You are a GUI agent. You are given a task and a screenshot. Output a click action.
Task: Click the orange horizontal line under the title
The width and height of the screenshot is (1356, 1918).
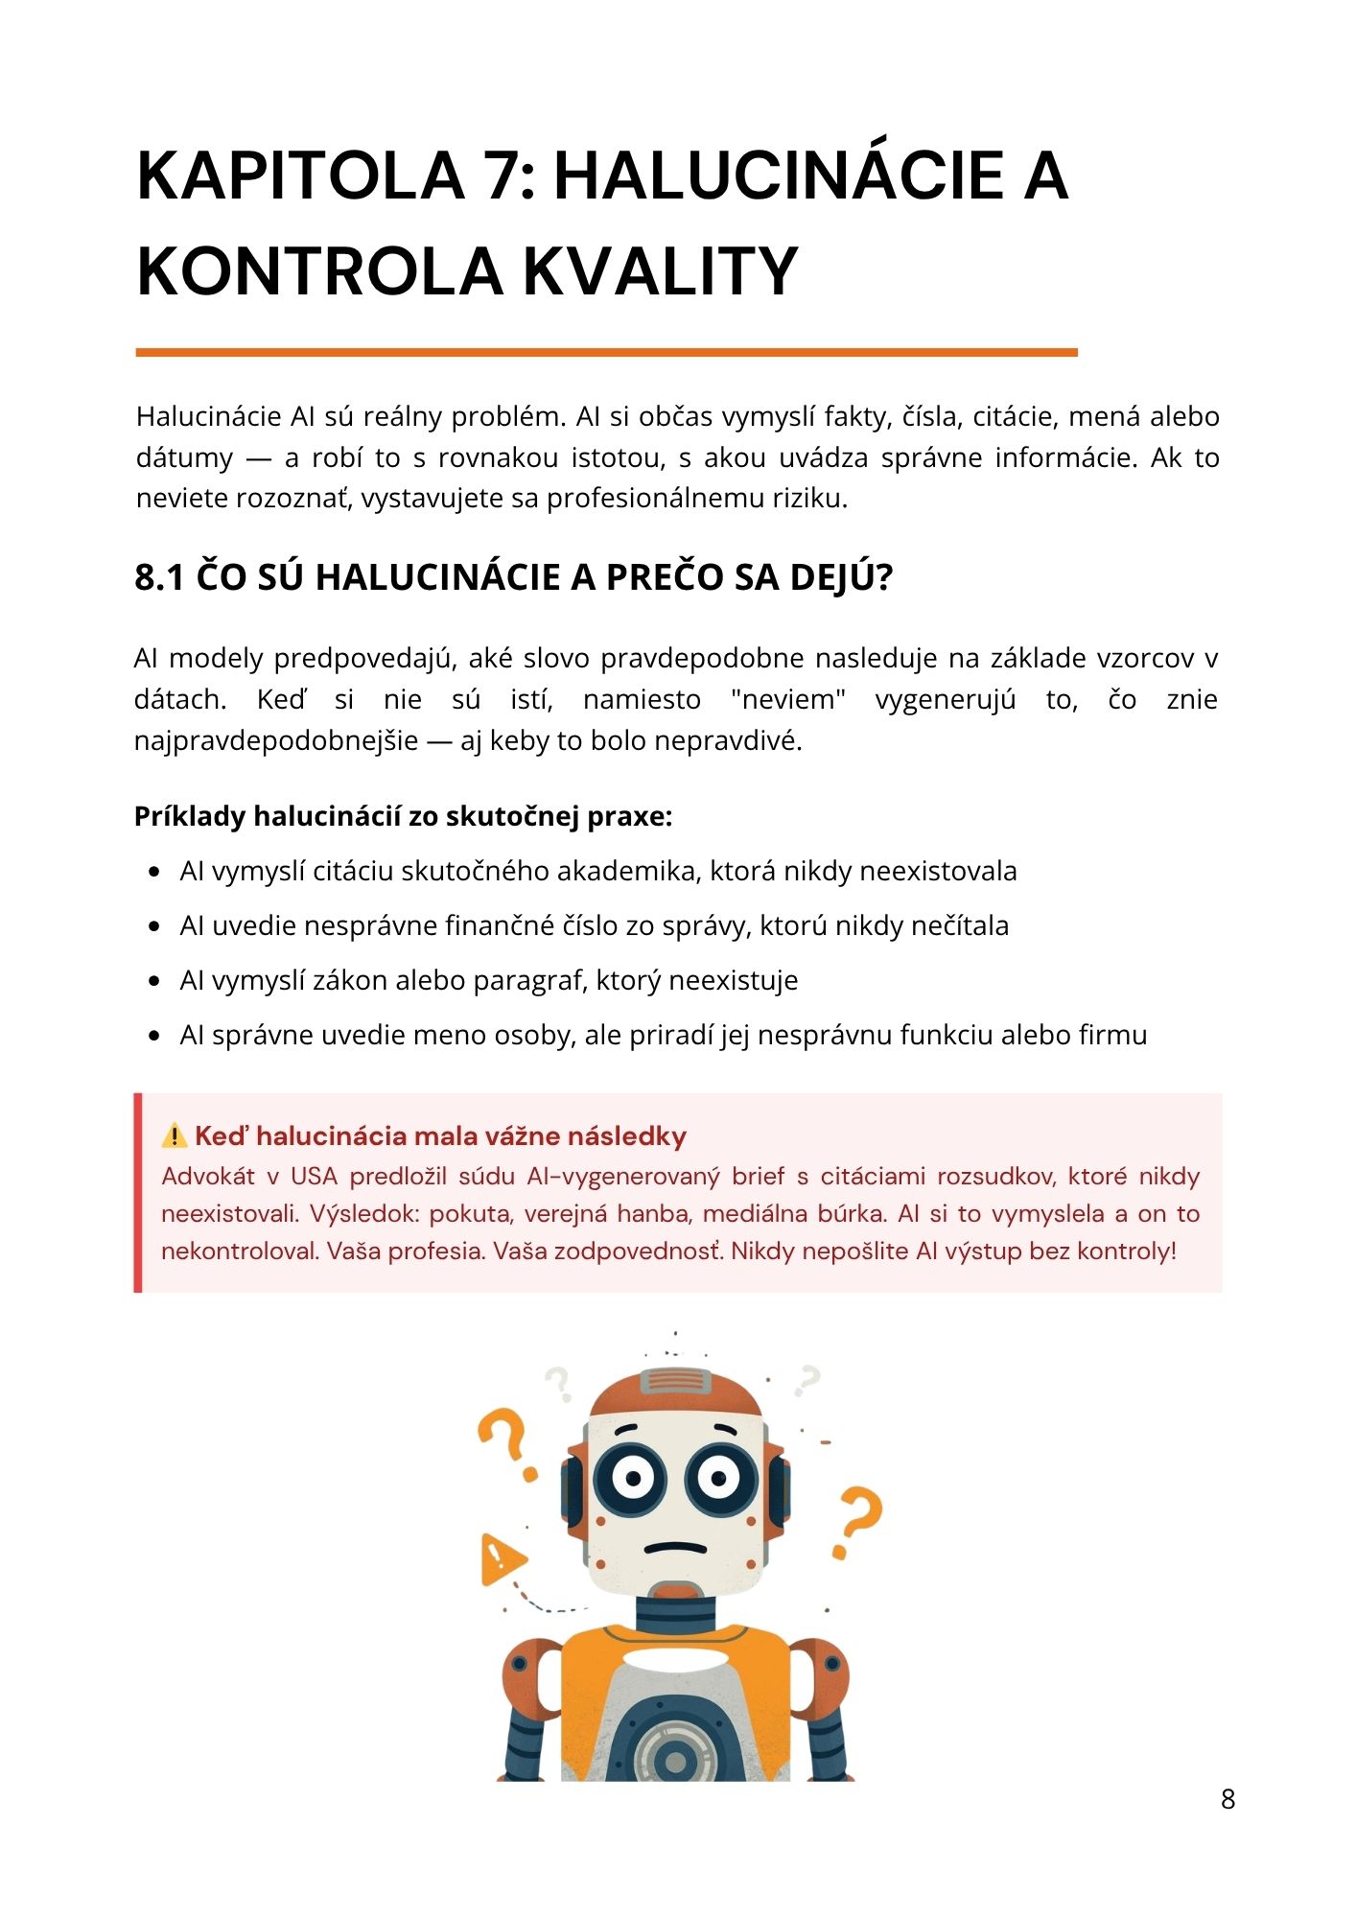[606, 353]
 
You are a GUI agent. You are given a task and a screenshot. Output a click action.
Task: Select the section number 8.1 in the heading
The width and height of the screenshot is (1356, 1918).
[159, 578]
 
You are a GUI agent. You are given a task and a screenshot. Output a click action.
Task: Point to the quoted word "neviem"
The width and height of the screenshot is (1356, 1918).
[787, 700]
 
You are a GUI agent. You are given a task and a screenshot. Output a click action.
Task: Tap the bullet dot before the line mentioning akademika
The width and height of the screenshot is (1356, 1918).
[154, 873]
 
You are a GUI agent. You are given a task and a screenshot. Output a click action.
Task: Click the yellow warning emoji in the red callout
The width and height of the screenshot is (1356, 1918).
[175, 1136]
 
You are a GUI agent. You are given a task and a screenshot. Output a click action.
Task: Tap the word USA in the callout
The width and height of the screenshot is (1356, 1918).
[314, 1177]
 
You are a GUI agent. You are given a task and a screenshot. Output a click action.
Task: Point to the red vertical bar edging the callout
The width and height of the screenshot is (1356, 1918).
[138, 1192]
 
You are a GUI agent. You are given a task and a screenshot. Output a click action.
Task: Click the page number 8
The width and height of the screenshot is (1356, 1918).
[1227, 1799]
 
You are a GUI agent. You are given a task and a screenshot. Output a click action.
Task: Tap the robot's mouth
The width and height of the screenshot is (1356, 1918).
[675, 1548]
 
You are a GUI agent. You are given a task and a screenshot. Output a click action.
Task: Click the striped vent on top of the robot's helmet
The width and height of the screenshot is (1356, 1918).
[675, 1381]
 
